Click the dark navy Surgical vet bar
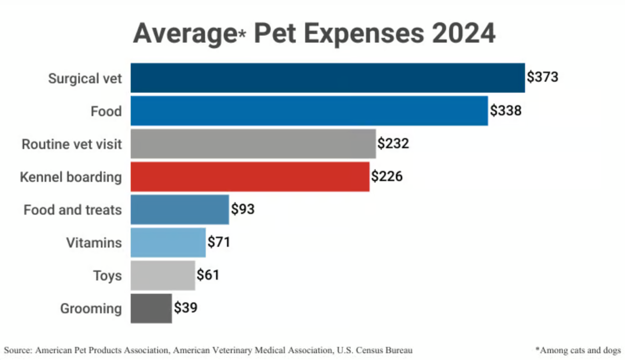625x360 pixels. click(x=328, y=78)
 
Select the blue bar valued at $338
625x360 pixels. click(x=309, y=111)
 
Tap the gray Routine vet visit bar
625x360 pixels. click(x=253, y=144)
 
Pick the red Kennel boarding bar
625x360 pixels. click(x=250, y=177)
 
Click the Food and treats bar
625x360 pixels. click(x=180, y=210)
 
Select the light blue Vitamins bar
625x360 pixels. click(x=168, y=243)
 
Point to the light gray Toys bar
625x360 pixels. click(x=163, y=275)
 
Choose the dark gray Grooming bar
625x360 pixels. click(x=151, y=308)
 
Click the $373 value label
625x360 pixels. click(x=542, y=78)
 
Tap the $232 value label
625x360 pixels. click(x=394, y=144)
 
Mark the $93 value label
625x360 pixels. click(x=243, y=210)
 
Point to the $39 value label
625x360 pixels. click(x=185, y=308)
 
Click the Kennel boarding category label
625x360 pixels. click(x=71, y=177)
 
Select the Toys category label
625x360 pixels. click(x=108, y=275)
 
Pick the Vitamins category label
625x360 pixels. click(x=94, y=243)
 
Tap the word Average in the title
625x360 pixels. click(x=182, y=34)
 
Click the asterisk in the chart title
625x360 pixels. click(x=243, y=35)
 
